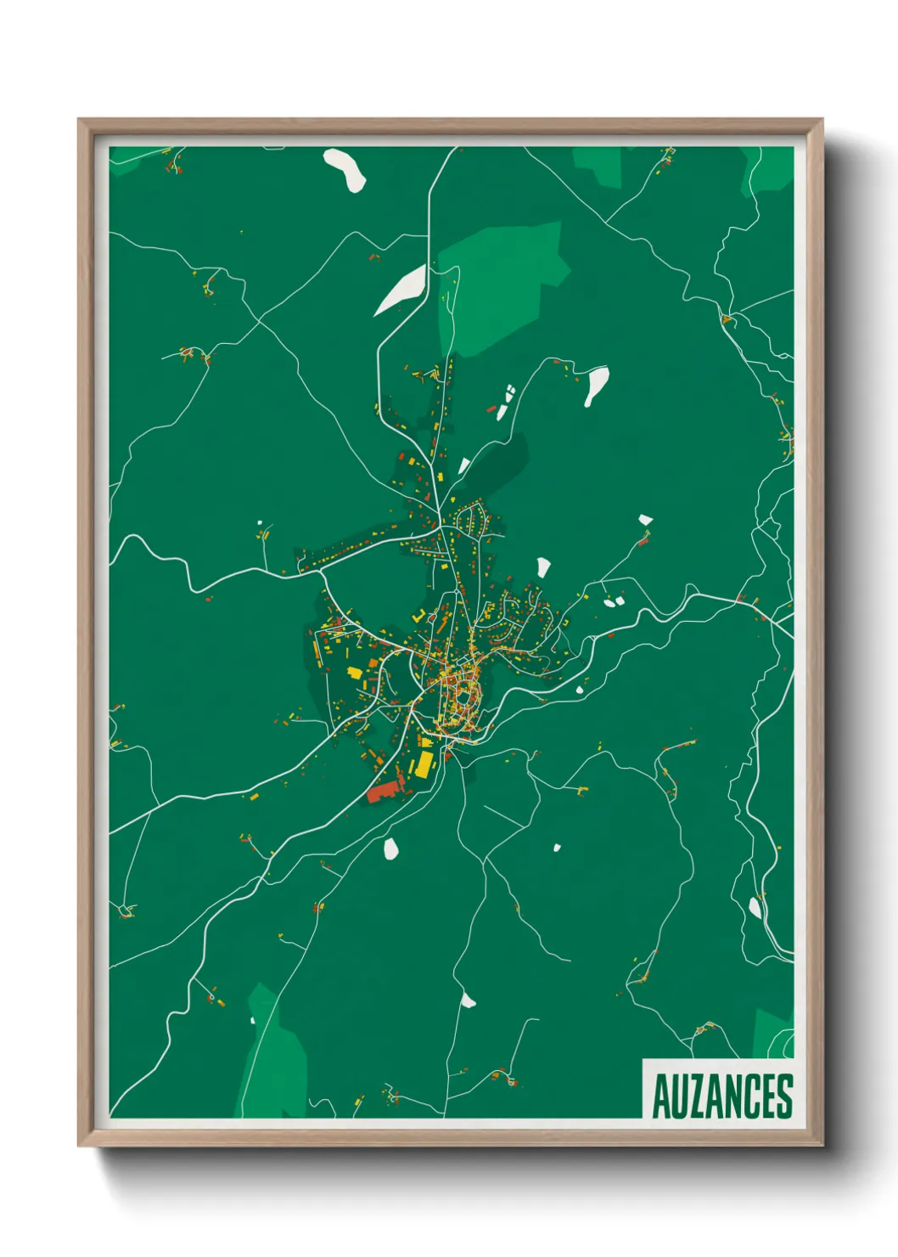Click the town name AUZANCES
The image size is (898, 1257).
[x=721, y=1096]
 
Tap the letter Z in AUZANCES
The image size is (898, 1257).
[x=689, y=1096]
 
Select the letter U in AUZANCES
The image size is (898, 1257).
[x=673, y=1096]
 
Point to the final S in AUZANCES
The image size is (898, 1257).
[x=785, y=1096]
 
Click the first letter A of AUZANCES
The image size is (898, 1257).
[x=659, y=1096]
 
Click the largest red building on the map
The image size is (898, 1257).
[x=384, y=791]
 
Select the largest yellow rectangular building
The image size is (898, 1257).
[x=423, y=763]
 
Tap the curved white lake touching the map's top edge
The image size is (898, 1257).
[x=345, y=168]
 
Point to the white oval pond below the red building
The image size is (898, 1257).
[x=391, y=848]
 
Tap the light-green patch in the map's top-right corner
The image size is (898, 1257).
[x=771, y=170]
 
